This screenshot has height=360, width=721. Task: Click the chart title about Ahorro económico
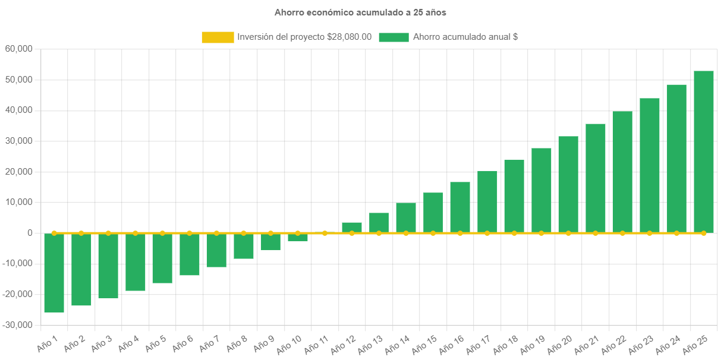coord(360,12)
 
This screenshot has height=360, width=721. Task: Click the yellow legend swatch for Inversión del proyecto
coord(218,37)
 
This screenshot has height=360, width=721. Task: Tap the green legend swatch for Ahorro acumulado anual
coord(393,37)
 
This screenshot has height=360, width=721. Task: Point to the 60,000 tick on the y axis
coord(18,49)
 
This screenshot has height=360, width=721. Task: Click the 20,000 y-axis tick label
coord(18,172)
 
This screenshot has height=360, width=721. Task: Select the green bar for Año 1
coord(54,273)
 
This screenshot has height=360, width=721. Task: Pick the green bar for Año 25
coord(704,151)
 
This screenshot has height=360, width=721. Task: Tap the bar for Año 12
coord(352,228)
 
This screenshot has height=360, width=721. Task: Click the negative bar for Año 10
coord(298,238)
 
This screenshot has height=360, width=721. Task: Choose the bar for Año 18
coord(514,196)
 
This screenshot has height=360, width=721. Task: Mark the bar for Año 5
coord(162,258)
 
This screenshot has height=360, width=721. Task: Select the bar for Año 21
coord(596,178)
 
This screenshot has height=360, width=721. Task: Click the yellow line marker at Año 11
coord(325,233)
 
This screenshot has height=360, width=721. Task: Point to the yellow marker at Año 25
coord(704,233)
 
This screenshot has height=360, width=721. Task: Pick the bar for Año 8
coord(244,246)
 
